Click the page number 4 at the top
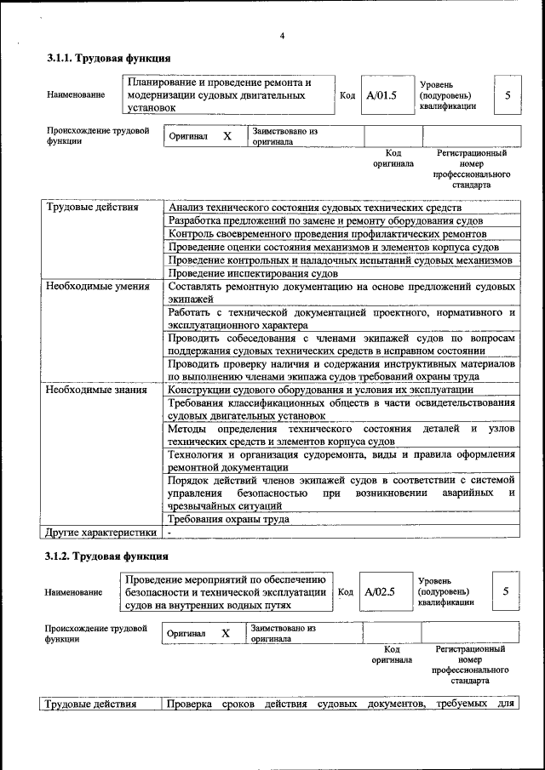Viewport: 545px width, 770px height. pos(282,35)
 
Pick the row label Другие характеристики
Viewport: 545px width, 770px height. pos(101,533)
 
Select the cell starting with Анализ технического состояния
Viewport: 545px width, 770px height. pos(315,208)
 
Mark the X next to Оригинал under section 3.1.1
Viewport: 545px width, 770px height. pos(227,136)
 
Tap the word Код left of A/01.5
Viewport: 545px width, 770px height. pos(347,95)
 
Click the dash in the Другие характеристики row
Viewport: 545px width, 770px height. pos(169,533)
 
